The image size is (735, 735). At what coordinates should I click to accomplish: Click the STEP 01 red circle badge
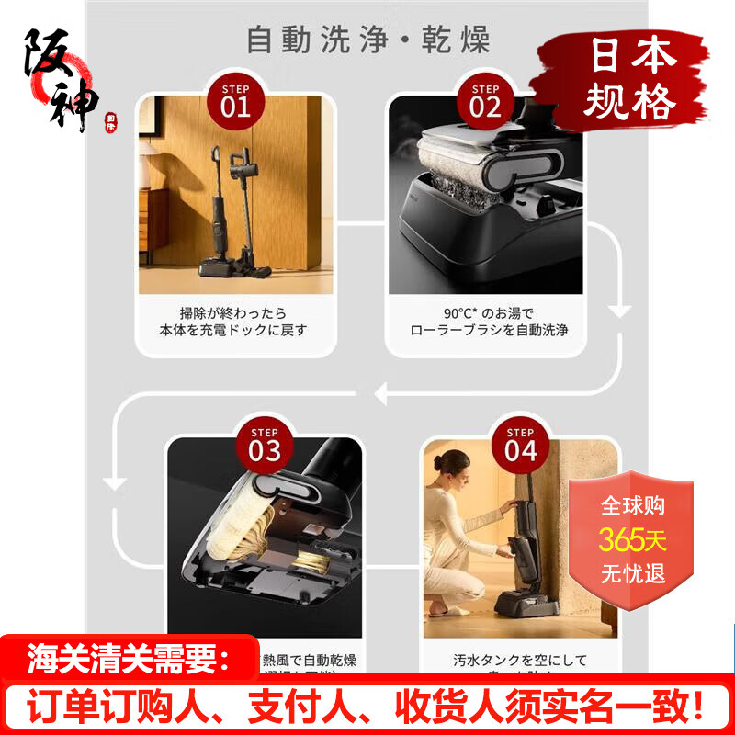coord(235,100)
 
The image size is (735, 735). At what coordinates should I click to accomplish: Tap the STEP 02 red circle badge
coord(485,100)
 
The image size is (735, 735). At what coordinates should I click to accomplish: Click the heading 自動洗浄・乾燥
coord(367,40)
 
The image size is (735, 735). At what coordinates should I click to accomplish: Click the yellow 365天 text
coord(633,540)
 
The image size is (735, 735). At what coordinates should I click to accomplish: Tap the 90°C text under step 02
coord(463,311)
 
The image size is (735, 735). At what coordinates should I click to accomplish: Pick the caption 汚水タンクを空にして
coord(520,661)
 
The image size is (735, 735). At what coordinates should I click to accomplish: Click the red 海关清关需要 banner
coord(128,658)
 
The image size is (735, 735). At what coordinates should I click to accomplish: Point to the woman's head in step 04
coord(458,464)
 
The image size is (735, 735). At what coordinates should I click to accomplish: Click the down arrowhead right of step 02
coord(621,311)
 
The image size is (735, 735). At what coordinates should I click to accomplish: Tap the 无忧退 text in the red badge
coord(633,575)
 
